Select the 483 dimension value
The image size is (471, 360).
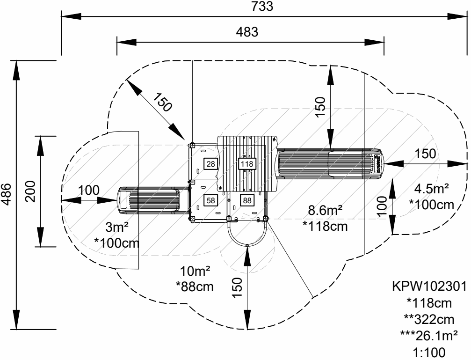[x=246, y=32]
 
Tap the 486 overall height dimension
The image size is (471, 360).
[x=6, y=193]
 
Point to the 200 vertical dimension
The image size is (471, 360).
[x=30, y=191]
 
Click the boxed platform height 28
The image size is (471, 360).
[x=211, y=163]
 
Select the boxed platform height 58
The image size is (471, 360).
[x=211, y=200]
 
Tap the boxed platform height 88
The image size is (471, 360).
[x=246, y=200]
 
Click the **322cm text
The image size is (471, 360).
[x=429, y=319]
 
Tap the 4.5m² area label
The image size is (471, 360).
[x=431, y=189]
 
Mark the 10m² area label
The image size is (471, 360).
[x=195, y=270]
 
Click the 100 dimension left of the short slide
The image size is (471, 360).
[x=88, y=190]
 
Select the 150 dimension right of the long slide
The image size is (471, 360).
[x=425, y=154]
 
